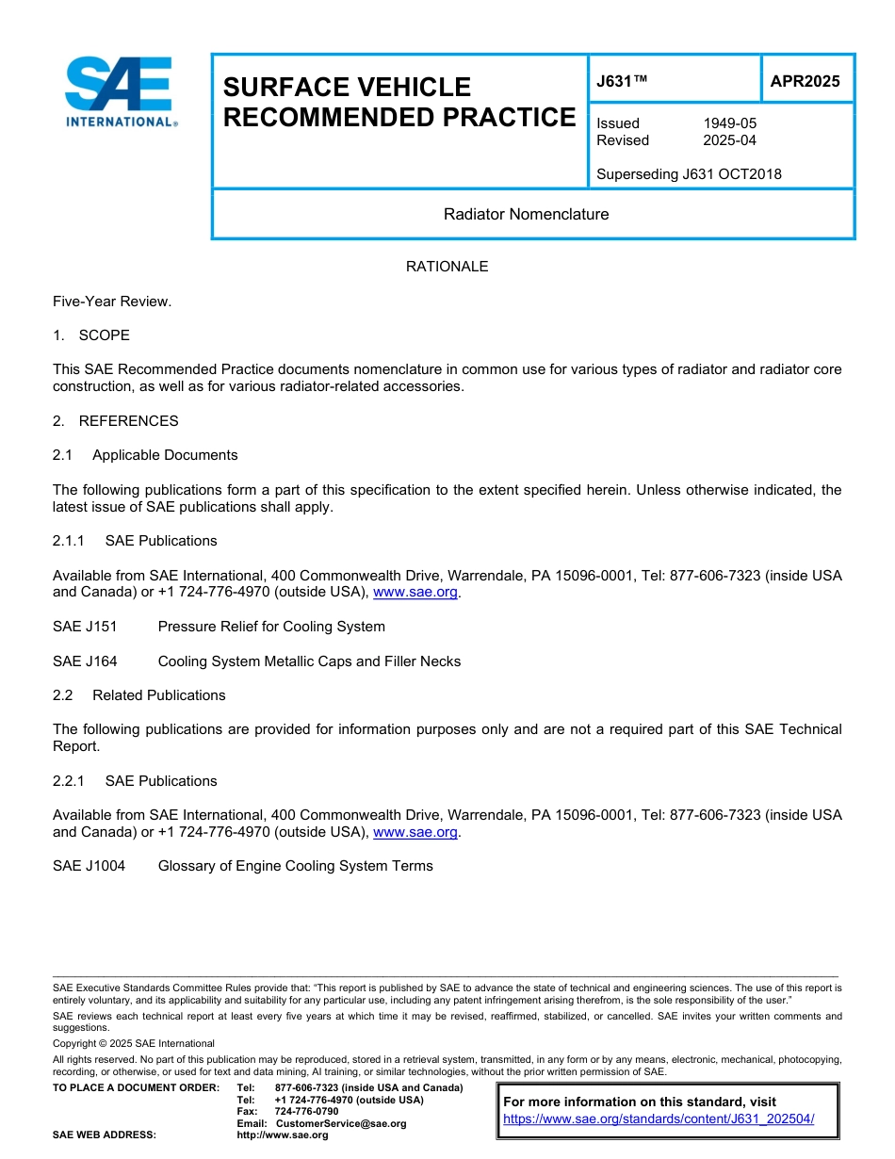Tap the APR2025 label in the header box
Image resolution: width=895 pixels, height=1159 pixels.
(x=805, y=81)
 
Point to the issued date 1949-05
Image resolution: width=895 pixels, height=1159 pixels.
(x=729, y=123)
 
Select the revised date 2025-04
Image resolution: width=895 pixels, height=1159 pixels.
(x=729, y=140)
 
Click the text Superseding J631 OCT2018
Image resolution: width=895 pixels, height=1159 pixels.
(x=689, y=174)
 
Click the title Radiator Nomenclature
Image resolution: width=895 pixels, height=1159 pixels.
(x=526, y=214)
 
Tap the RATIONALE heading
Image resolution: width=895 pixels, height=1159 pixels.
(x=447, y=267)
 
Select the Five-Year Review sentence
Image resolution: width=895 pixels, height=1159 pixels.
(x=112, y=302)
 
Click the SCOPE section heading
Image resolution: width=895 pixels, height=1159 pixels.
(x=104, y=335)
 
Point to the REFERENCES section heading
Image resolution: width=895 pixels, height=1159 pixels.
(x=128, y=421)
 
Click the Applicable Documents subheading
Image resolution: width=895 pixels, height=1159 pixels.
(x=165, y=455)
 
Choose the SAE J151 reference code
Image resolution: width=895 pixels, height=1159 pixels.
(x=85, y=627)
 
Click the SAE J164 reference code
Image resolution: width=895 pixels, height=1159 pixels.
(x=85, y=661)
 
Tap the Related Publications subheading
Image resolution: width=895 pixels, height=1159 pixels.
(x=158, y=695)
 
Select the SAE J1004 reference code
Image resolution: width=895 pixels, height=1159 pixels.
(x=89, y=866)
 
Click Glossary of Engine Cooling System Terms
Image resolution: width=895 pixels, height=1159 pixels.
(x=295, y=866)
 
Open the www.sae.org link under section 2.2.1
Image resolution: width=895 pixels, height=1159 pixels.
(x=415, y=833)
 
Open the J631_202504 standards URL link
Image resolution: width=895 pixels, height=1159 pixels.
(x=659, y=1119)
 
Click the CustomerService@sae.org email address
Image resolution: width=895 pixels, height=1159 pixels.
(x=341, y=1123)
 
